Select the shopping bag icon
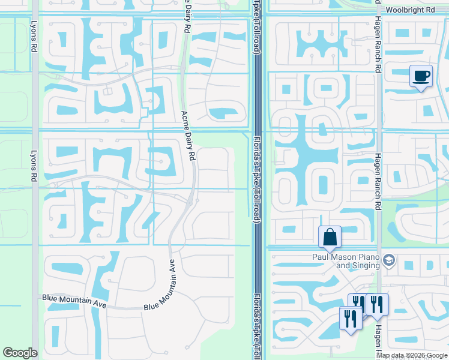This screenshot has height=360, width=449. pyautogui.click(x=330, y=237)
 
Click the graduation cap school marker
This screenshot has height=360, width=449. pyautogui.click(x=388, y=260)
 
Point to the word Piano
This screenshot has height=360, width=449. pyautogui.click(x=365, y=257)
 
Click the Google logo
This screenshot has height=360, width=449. pyautogui.click(x=20, y=353)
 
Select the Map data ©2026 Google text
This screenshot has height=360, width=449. pyautogui.click(x=412, y=355)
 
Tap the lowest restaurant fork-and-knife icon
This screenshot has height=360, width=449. pyautogui.click(x=349, y=317)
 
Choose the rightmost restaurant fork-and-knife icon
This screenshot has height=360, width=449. pyautogui.click(x=378, y=304)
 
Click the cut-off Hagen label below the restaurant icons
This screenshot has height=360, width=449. pyautogui.click(x=378, y=339)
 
